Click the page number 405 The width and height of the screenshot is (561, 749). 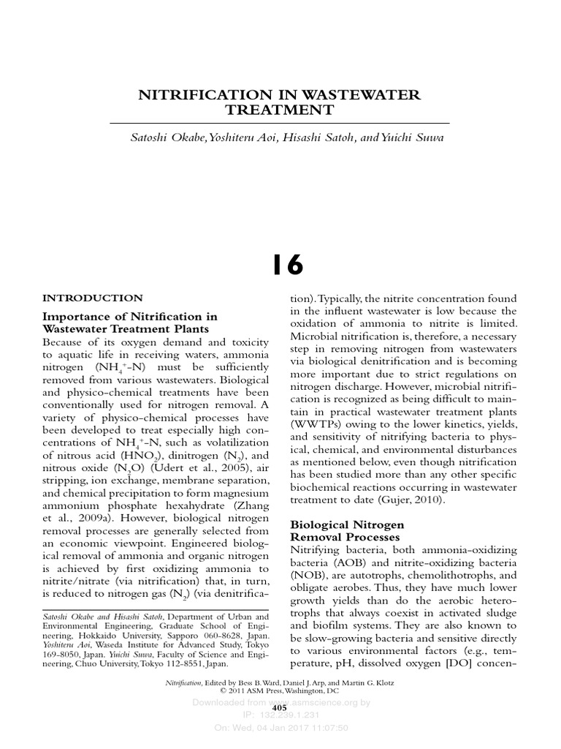279,708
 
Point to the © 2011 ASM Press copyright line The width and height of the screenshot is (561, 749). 280,690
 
